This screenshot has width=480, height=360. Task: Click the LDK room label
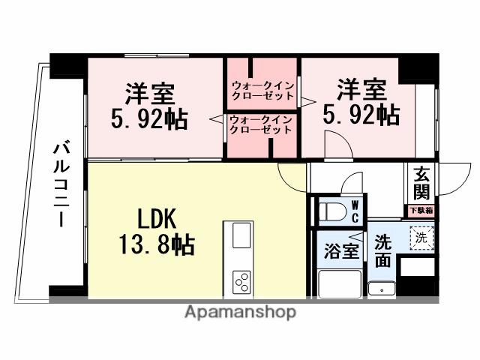tap(157, 218)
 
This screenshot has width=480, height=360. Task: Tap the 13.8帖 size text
tap(157, 244)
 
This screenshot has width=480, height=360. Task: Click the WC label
tap(355, 210)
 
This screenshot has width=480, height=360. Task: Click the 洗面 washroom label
tap(382, 252)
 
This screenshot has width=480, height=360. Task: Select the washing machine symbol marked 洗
tap(420, 238)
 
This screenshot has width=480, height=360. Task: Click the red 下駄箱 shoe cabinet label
tap(420, 211)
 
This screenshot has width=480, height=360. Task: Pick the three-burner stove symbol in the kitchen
tap(242, 282)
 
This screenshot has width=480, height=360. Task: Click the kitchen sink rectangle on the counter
tap(241, 236)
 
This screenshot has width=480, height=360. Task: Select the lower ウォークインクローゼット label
tap(260, 124)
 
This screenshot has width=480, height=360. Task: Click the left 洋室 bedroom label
tap(149, 94)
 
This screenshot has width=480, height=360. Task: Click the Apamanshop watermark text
tap(240, 312)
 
